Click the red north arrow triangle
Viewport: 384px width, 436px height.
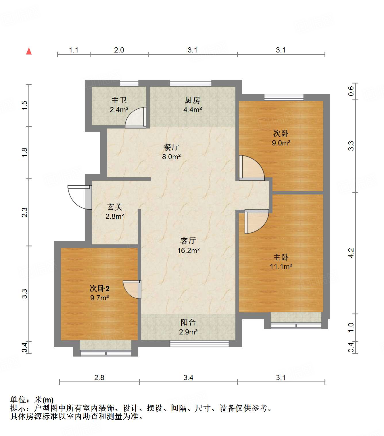click(29, 51)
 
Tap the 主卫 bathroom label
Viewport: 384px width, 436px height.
click(119, 105)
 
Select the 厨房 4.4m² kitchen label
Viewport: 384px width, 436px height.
click(193, 105)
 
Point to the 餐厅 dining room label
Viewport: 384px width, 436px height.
click(171, 152)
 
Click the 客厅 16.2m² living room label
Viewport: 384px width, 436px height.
click(188, 246)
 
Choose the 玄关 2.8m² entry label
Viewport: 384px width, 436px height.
click(115, 211)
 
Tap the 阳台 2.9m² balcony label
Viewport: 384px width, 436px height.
click(188, 327)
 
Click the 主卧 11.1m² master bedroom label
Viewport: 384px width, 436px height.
click(281, 262)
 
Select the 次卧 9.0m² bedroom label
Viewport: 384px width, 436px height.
click(281, 138)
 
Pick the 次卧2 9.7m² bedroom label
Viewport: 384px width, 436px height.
click(99, 293)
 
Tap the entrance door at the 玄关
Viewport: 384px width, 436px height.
click(79, 197)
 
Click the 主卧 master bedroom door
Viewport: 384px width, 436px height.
click(257, 221)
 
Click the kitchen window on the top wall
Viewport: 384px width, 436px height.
click(190, 83)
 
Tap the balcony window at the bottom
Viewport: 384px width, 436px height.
click(199, 344)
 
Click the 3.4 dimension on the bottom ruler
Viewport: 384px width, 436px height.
click(188, 377)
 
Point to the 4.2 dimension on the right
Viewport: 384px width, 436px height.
click(351, 253)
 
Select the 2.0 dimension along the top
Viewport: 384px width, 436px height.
click(119, 50)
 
